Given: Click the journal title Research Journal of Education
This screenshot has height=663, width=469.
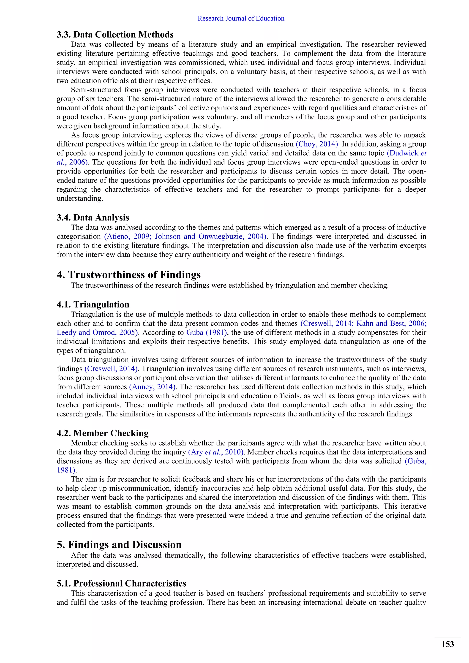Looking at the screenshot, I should click(241, 19).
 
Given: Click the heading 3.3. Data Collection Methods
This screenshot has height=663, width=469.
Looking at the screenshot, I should click(115, 35).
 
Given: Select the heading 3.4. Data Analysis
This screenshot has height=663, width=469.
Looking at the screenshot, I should click(93, 217).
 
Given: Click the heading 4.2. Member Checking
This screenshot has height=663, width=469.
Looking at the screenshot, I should click(103, 433).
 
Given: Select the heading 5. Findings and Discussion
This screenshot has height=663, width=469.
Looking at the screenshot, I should click(119, 545).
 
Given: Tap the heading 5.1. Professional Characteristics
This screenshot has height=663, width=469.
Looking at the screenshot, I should click(121, 583).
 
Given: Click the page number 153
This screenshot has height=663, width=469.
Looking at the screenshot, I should click(447, 644).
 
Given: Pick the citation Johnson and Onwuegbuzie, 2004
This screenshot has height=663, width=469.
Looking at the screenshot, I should click(209, 236).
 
